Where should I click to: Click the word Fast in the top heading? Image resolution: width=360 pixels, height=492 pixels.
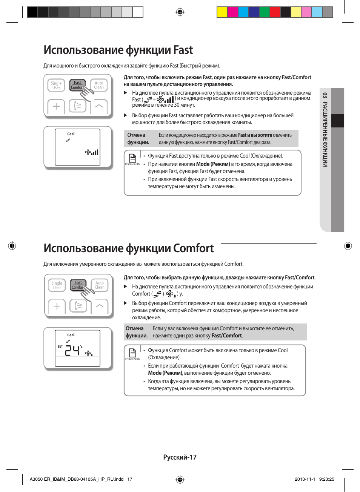point(183,50)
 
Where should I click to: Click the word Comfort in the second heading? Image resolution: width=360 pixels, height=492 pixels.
point(193,248)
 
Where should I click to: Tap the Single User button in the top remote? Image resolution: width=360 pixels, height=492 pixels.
point(56,85)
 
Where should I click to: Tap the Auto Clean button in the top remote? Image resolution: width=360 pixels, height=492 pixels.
point(99,85)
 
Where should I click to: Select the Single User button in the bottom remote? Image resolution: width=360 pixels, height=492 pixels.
point(57,285)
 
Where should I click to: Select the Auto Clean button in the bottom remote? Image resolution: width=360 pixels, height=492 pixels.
point(100,285)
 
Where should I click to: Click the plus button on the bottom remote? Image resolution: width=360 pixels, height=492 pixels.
point(57,306)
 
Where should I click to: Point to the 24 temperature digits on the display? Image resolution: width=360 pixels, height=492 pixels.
point(72,351)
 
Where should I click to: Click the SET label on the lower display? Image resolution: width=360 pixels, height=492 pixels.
point(60,346)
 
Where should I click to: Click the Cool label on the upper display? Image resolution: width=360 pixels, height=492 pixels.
point(71,134)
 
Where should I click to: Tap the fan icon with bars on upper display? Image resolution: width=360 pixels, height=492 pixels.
point(92,152)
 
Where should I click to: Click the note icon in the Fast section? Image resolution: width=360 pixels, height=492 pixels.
point(132,158)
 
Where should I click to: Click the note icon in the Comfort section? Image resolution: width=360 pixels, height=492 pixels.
point(132,353)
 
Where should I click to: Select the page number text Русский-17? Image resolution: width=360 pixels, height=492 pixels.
point(180,457)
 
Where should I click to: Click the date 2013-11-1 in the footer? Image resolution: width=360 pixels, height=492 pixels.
point(305,479)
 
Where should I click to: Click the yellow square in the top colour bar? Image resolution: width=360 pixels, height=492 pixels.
point(222,12)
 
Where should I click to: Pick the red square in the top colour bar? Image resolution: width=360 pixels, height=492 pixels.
point(275,12)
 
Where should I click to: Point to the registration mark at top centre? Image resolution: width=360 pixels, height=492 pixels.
point(180,12)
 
